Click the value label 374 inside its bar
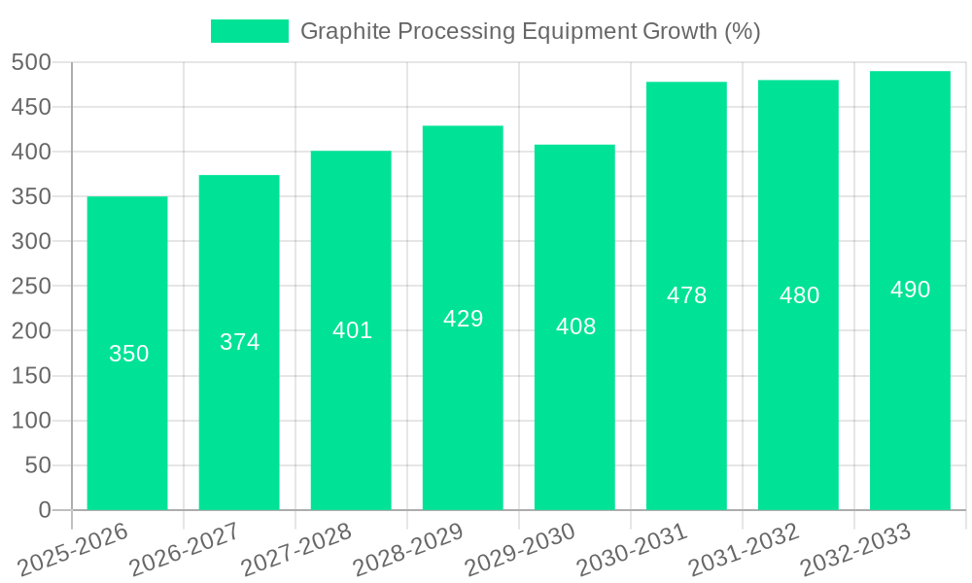(239, 342)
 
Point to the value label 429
(463, 319)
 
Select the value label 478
(686, 295)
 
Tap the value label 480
(799, 295)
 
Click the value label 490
(910, 290)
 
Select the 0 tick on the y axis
(44, 510)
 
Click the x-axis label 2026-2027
(185, 549)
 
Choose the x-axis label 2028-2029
(408, 549)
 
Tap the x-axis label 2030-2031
(632, 549)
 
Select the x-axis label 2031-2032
(744, 549)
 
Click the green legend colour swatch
(250, 31)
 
